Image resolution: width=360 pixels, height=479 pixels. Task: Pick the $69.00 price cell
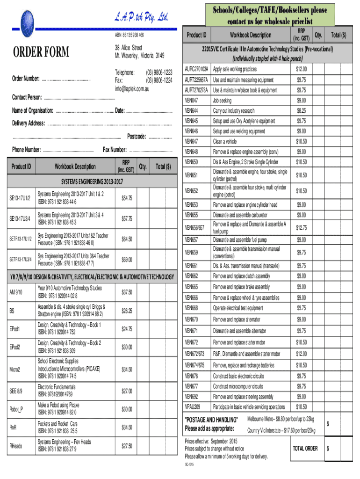point(127,259)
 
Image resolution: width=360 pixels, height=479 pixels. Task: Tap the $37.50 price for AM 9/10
point(127,292)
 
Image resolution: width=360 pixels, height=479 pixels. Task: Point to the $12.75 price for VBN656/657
point(301,227)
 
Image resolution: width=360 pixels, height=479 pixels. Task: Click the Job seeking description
point(223,101)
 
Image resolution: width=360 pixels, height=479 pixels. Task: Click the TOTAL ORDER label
point(305,448)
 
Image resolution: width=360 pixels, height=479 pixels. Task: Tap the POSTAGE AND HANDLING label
point(212,419)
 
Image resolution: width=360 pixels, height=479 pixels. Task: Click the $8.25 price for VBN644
point(301,111)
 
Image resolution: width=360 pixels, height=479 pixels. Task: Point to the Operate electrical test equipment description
point(238,308)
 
